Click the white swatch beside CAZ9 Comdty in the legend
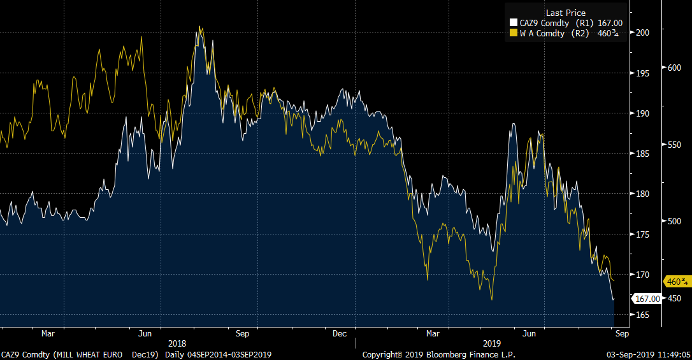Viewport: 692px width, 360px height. [x=514, y=24]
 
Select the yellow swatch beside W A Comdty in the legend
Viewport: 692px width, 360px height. [x=514, y=33]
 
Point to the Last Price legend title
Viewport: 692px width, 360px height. [x=565, y=13]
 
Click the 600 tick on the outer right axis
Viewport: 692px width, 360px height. [x=674, y=68]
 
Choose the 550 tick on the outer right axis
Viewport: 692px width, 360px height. [x=674, y=145]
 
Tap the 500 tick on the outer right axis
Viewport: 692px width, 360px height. [x=674, y=221]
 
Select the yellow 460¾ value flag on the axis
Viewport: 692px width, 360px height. [x=677, y=281]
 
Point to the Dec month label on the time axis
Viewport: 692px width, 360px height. [x=340, y=333]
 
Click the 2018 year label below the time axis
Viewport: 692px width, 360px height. [x=177, y=343]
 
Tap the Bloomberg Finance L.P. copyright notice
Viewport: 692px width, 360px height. [x=438, y=354]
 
